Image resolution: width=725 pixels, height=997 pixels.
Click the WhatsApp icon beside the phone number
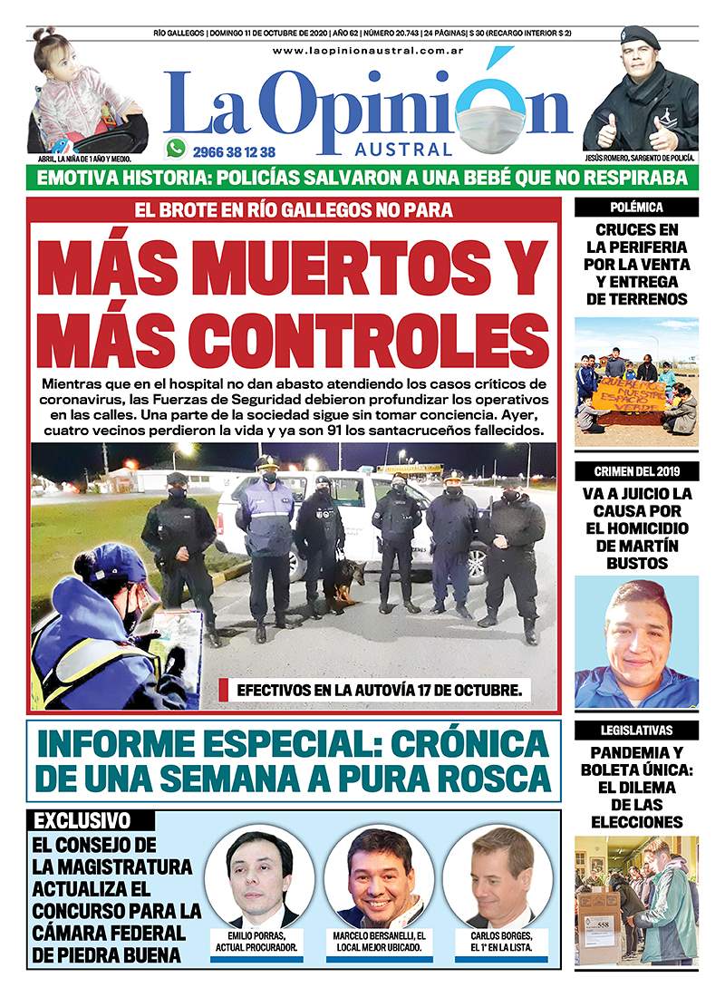coord(176,149)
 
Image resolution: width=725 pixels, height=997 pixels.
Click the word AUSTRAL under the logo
coord(416,150)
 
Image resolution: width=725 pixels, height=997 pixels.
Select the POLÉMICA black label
coord(636,208)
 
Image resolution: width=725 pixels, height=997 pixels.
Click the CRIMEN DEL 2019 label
coord(636,470)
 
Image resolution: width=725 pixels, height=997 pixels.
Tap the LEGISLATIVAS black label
coord(636,731)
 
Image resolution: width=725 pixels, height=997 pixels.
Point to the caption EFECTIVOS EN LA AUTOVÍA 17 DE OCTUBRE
coord(379,690)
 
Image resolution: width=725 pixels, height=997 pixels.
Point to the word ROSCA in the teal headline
coord(488,779)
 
